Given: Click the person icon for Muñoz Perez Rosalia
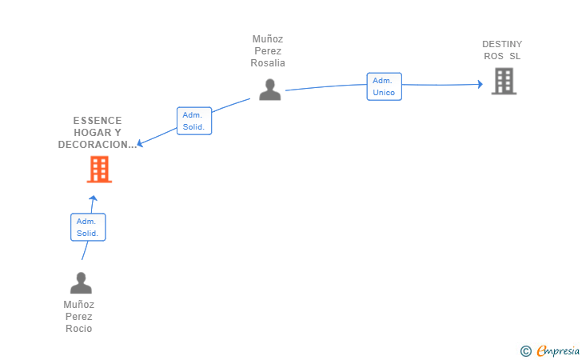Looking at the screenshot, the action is tap(270, 90).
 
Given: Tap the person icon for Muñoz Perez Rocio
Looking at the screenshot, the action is tap(81, 283).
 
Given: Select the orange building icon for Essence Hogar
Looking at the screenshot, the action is tap(99, 169).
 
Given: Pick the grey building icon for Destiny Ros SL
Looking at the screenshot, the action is tap(504, 81).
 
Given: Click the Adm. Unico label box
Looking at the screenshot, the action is tap(384, 86).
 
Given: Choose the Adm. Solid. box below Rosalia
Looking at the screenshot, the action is tap(193, 121).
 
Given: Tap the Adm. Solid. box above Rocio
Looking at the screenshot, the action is tap(88, 227).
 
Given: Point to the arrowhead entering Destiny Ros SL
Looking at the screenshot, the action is tap(480, 84).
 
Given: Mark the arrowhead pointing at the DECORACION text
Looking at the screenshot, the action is tap(141, 144).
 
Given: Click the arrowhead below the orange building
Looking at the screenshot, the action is tap(93, 198).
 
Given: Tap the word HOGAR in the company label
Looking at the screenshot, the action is tap(91, 133).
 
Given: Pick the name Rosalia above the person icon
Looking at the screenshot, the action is tap(268, 63).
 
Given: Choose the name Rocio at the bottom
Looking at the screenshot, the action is tap(79, 329).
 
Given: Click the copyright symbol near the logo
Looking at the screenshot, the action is tap(525, 350).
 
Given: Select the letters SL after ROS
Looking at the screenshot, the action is tap(515, 56).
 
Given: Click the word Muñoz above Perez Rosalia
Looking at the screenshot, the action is tap(268, 38).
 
